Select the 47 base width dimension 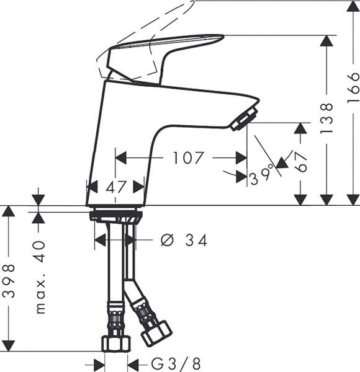click(115, 186)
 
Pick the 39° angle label click(261, 177)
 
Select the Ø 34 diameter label click(184, 240)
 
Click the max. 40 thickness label click(40, 277)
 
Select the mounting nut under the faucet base click(115, 217)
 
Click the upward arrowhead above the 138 click(327, 41)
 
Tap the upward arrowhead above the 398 click(8, 211)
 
